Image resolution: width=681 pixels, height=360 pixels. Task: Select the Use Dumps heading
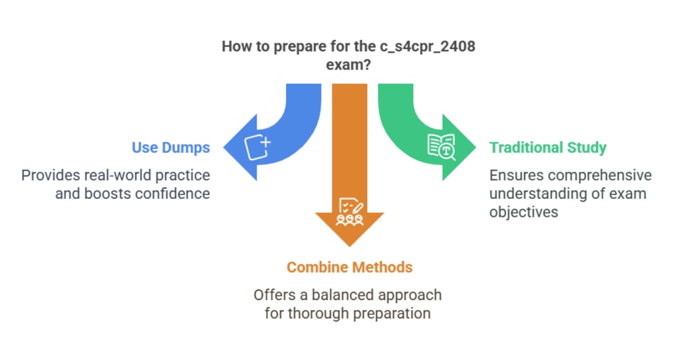(171, 147)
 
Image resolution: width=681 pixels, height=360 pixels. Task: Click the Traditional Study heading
(548, 147)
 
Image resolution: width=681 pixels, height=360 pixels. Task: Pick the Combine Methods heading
(349, 267)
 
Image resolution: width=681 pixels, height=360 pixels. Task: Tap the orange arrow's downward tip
(349, 244)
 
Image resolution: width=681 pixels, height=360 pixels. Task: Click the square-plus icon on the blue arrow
(257, 147)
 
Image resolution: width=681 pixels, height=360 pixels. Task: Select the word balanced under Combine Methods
(345, 294)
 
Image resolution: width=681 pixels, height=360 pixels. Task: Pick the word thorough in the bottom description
(314, 312)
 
